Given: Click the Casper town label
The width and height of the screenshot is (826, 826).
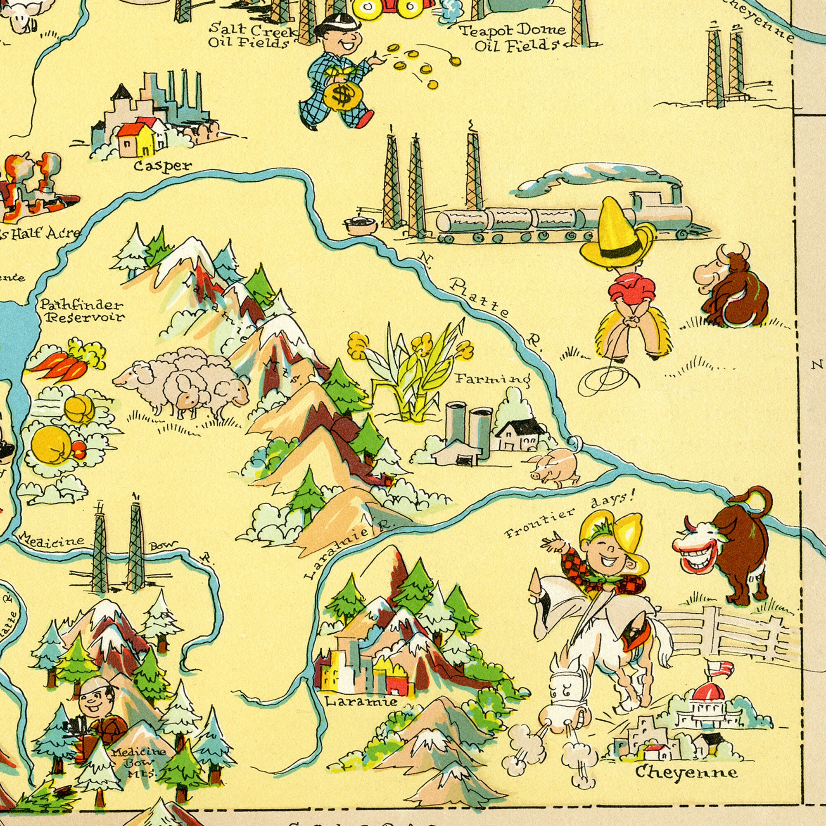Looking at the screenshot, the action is click(163, 166).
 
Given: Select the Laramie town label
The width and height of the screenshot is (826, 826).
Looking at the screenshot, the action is click(361, 702).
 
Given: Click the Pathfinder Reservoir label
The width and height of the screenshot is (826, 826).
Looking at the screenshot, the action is click(82, 311).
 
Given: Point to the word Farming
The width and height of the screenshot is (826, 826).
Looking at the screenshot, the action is click(492, 379).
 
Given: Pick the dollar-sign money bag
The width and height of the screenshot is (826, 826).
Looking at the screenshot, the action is click(342, 96).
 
